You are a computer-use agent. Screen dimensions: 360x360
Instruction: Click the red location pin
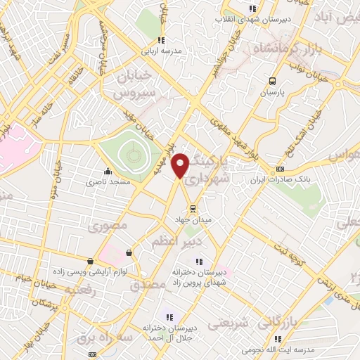coord(181,165)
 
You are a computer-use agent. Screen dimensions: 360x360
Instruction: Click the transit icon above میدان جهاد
coord(192,208)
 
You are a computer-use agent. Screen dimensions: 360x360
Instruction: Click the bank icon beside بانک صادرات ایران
coord(280,169)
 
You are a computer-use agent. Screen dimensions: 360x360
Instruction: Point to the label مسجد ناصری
coord(104,181)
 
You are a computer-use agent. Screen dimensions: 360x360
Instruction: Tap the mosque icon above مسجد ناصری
coord(108,171)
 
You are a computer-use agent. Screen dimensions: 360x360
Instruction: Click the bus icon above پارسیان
coord(273,81)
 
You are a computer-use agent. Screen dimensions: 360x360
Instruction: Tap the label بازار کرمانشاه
coord(281,47)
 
